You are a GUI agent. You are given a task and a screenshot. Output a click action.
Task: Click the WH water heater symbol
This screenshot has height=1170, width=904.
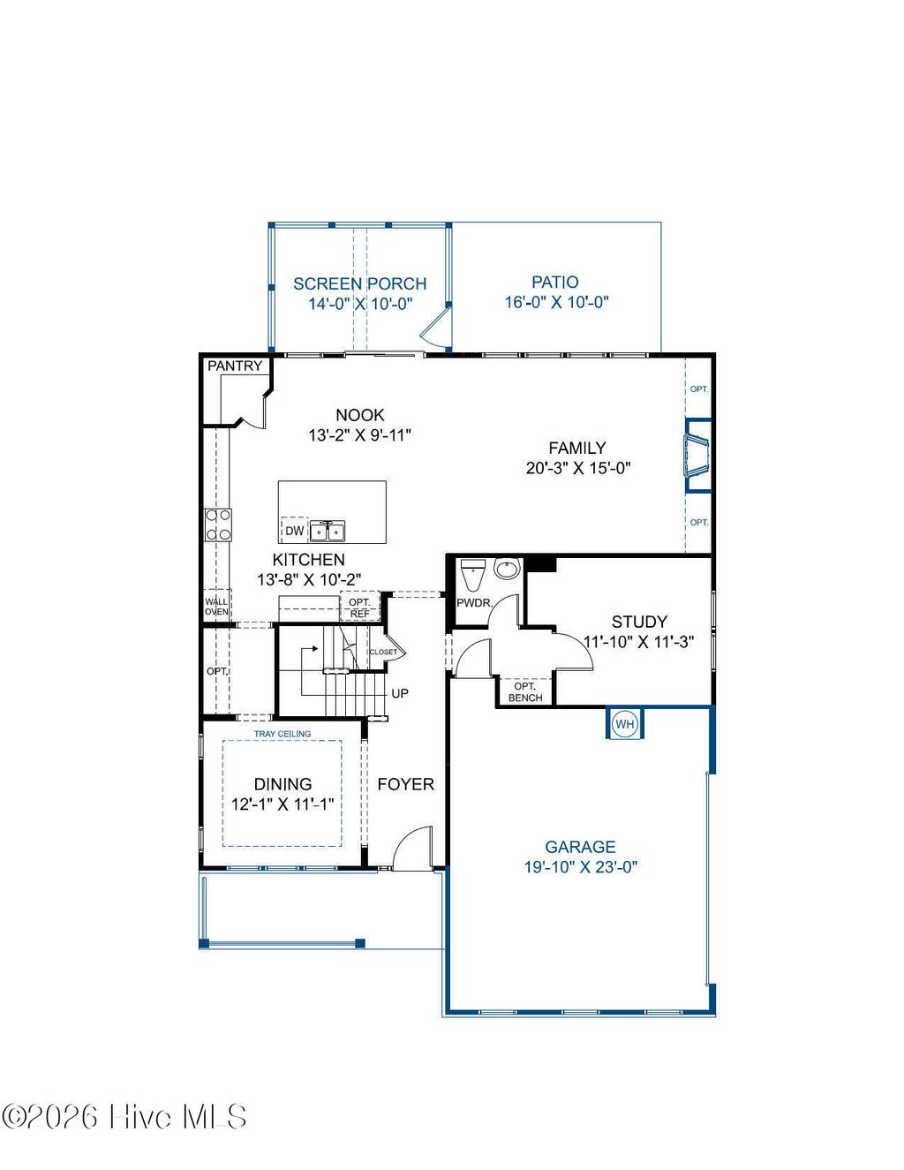pyautogui.click(x=625, y=724)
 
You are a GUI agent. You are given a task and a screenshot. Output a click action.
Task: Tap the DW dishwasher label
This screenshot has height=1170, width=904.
pyautogui.click(x=294, y=531)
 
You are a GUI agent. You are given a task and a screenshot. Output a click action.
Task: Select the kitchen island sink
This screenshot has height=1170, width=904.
pyautogui.click(x=328, y=531)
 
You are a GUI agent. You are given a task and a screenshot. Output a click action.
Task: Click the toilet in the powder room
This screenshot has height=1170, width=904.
pyautogui.click(x=473, y=575)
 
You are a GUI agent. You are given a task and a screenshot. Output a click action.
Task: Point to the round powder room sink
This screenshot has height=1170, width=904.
pyautogui.click(x=507, y=570)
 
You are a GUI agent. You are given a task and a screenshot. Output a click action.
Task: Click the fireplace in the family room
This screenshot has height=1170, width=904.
pyautogui.click(x=697, y=455)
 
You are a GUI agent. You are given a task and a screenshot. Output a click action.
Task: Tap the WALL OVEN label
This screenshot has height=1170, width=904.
pyautogui.click(x=216, y=607)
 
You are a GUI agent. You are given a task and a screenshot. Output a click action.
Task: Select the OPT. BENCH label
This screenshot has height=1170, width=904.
pyautogui.click(x=525, y=692)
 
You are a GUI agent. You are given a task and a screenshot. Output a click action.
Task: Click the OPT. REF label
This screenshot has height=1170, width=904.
pyautogui.click(x=359, y=608)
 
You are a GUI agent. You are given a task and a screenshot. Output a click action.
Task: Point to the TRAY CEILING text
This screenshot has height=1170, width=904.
pyautogui.click(x=282, y=734)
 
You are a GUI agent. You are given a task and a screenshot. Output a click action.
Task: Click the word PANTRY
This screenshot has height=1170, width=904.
pyautogui.click(x=235, y=366)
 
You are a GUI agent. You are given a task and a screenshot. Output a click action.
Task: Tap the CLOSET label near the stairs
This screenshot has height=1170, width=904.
pyautogui.click(x=383, y=652)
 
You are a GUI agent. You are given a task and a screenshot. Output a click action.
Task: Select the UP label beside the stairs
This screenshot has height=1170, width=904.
pyautogui.click(x=400, y=693)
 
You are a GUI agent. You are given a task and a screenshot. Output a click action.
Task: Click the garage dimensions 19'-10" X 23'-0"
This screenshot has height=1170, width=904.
pyautogui.click(x=580, y=867)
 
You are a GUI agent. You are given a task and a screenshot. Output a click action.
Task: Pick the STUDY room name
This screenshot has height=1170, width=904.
pyautogui.click(x=639, y=622)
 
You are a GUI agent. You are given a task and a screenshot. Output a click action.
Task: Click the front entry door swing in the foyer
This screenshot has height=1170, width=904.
pyautogui.click(x=412, y=849)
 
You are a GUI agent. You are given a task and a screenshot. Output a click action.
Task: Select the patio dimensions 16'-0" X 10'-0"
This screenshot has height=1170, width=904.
pyautogui.click(x=556, y=302)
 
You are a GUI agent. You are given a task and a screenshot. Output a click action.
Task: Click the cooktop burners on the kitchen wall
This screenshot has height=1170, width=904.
pyautogui.click(x=218, y=525)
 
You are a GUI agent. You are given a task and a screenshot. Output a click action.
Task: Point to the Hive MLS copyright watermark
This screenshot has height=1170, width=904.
pyautogui.click(x=124, y=1117)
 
